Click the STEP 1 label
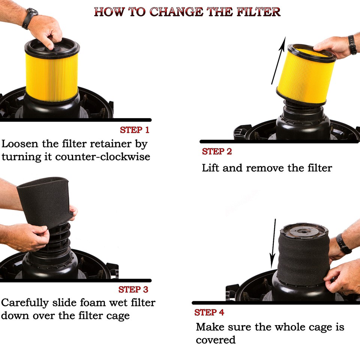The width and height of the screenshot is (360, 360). point(134,130)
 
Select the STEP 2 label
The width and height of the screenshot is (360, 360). point(217,151)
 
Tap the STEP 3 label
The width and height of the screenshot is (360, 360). point(133,289)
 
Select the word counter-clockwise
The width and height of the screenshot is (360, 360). point(102,156)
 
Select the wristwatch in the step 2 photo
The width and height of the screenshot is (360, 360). point(352,45)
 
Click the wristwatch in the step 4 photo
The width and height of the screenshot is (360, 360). point(343,244)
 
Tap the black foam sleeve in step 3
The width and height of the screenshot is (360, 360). point(43,201)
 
